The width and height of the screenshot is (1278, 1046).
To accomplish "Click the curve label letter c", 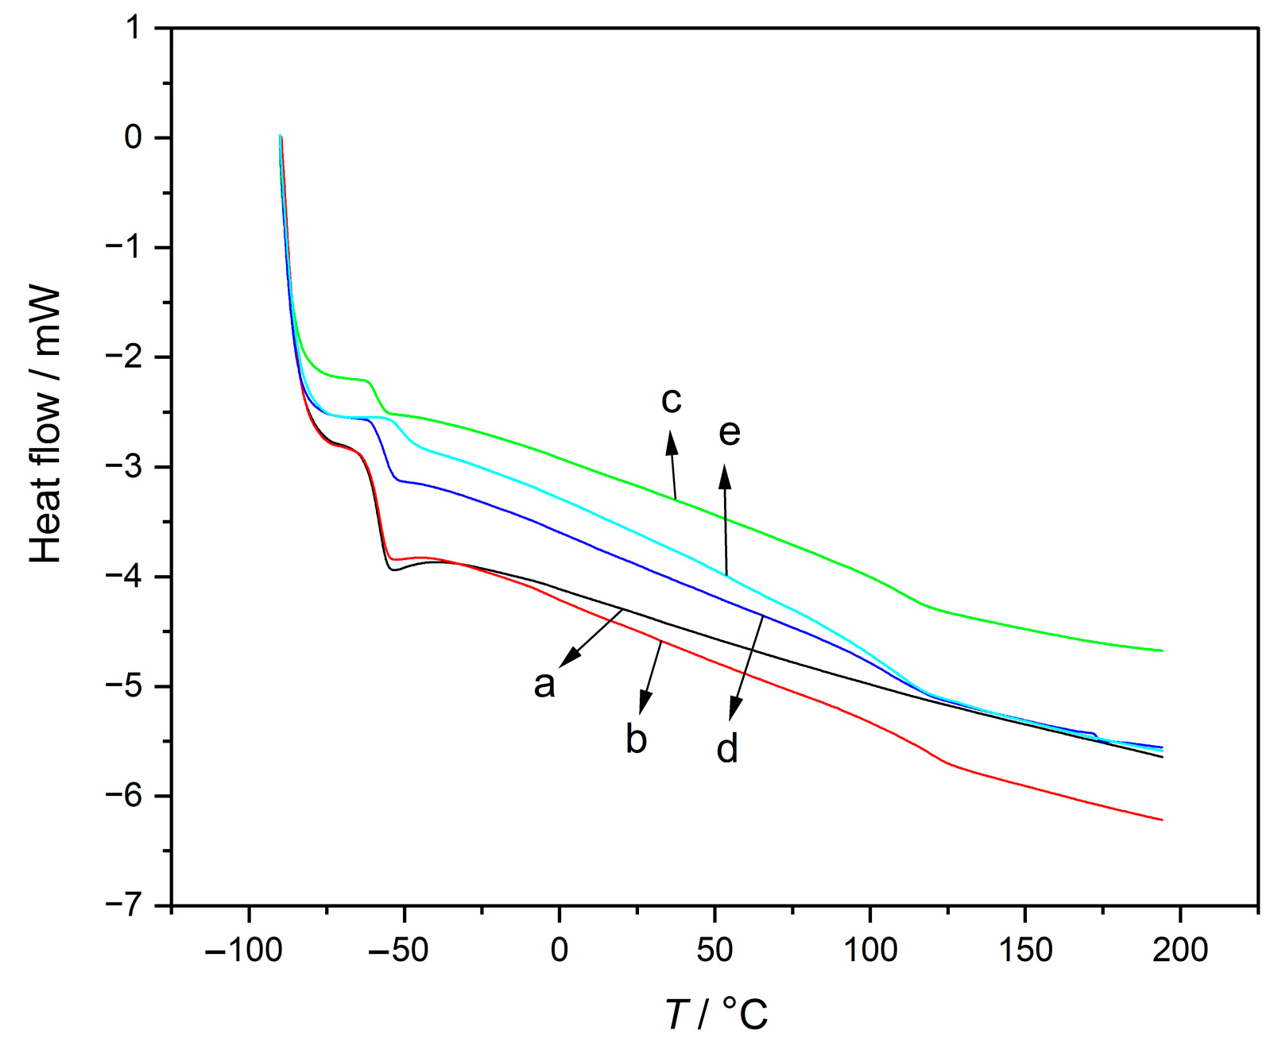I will (672, 401).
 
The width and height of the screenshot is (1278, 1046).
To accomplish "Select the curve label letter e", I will (729, 433).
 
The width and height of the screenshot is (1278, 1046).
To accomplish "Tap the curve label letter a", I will (544, 685).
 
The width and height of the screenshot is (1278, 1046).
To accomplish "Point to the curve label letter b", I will (636, 739).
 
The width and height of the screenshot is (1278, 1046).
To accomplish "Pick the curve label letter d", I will (727, 748).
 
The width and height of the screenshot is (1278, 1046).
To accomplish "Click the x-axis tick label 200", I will (1179, 949).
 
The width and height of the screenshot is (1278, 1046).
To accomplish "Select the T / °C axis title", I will (716, 1014).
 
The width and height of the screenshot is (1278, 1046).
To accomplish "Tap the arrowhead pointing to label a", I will (567, 660).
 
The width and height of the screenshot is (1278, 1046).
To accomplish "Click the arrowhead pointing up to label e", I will (725, 477).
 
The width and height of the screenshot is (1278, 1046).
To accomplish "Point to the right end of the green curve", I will (1162, 650).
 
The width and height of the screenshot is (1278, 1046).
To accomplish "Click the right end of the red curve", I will (1162, 820).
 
